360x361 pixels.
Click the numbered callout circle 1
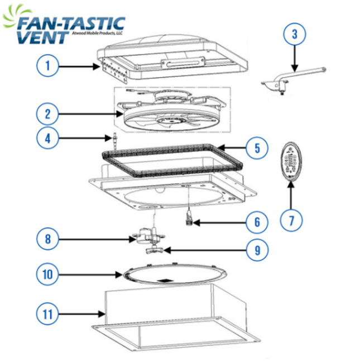(x=47, y=65)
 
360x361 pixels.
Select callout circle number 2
(x=47, y=114)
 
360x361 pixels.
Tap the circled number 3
(x=295, y=34)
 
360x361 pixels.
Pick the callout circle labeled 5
(x=257, y=148)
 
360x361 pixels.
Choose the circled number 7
(x=291, y=220)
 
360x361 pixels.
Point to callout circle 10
(x=47, y=274)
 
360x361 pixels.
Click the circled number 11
(x=47, y=314)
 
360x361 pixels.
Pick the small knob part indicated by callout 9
(x=155, y=250)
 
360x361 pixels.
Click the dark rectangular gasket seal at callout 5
(x=172, y=160)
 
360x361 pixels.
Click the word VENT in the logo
(x=43, y=37)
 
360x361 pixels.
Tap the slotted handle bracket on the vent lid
(x=183, y=63)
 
